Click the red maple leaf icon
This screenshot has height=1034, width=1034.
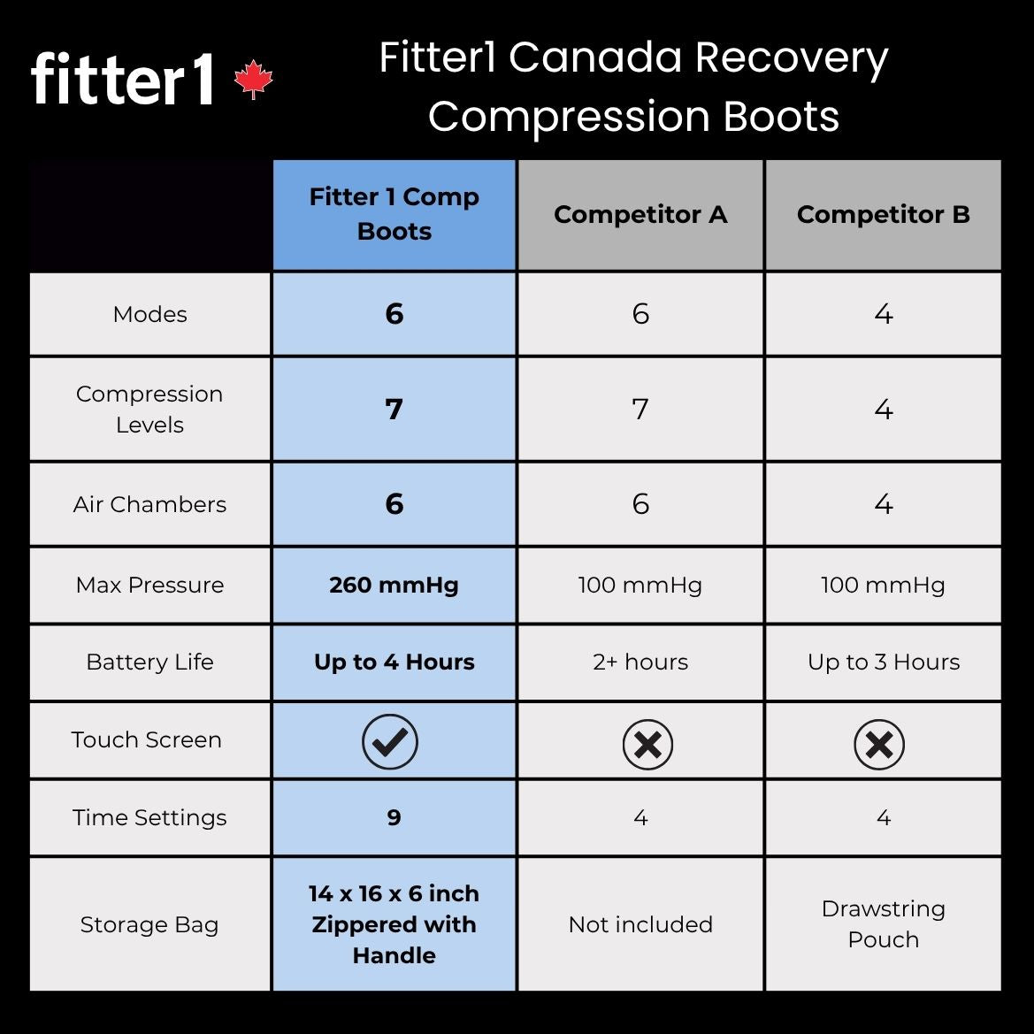tap(254, 80)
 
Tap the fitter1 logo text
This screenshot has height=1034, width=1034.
tap(123, 80)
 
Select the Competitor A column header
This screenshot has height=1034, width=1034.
tap(640, 215)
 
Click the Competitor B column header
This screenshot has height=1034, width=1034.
tap(883, 215)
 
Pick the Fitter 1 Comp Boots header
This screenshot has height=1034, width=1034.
tap(394, 214)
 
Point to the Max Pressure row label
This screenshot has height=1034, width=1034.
tap(149, 585)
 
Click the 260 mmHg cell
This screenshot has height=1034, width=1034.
tap(394, 585)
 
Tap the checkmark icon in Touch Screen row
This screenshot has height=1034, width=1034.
tap(389, 741)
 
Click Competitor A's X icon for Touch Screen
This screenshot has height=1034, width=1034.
tap(647, 744)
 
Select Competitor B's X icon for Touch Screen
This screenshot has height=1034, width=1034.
tap(879, 744)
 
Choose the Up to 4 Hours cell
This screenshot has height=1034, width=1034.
tap(394, 662)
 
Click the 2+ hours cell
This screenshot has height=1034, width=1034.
tap(640, 662)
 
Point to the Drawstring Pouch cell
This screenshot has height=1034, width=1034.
tap(883, 923)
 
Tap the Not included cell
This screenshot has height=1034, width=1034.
tap(640, 924)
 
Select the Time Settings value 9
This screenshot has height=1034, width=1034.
tap(394, 817)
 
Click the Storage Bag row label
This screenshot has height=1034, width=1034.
tap(149, 924)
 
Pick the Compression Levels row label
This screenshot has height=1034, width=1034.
tap(149, 409)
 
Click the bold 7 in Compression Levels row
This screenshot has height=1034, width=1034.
tap(394, 409)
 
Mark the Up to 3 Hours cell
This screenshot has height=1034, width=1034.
tap(883, 662)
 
